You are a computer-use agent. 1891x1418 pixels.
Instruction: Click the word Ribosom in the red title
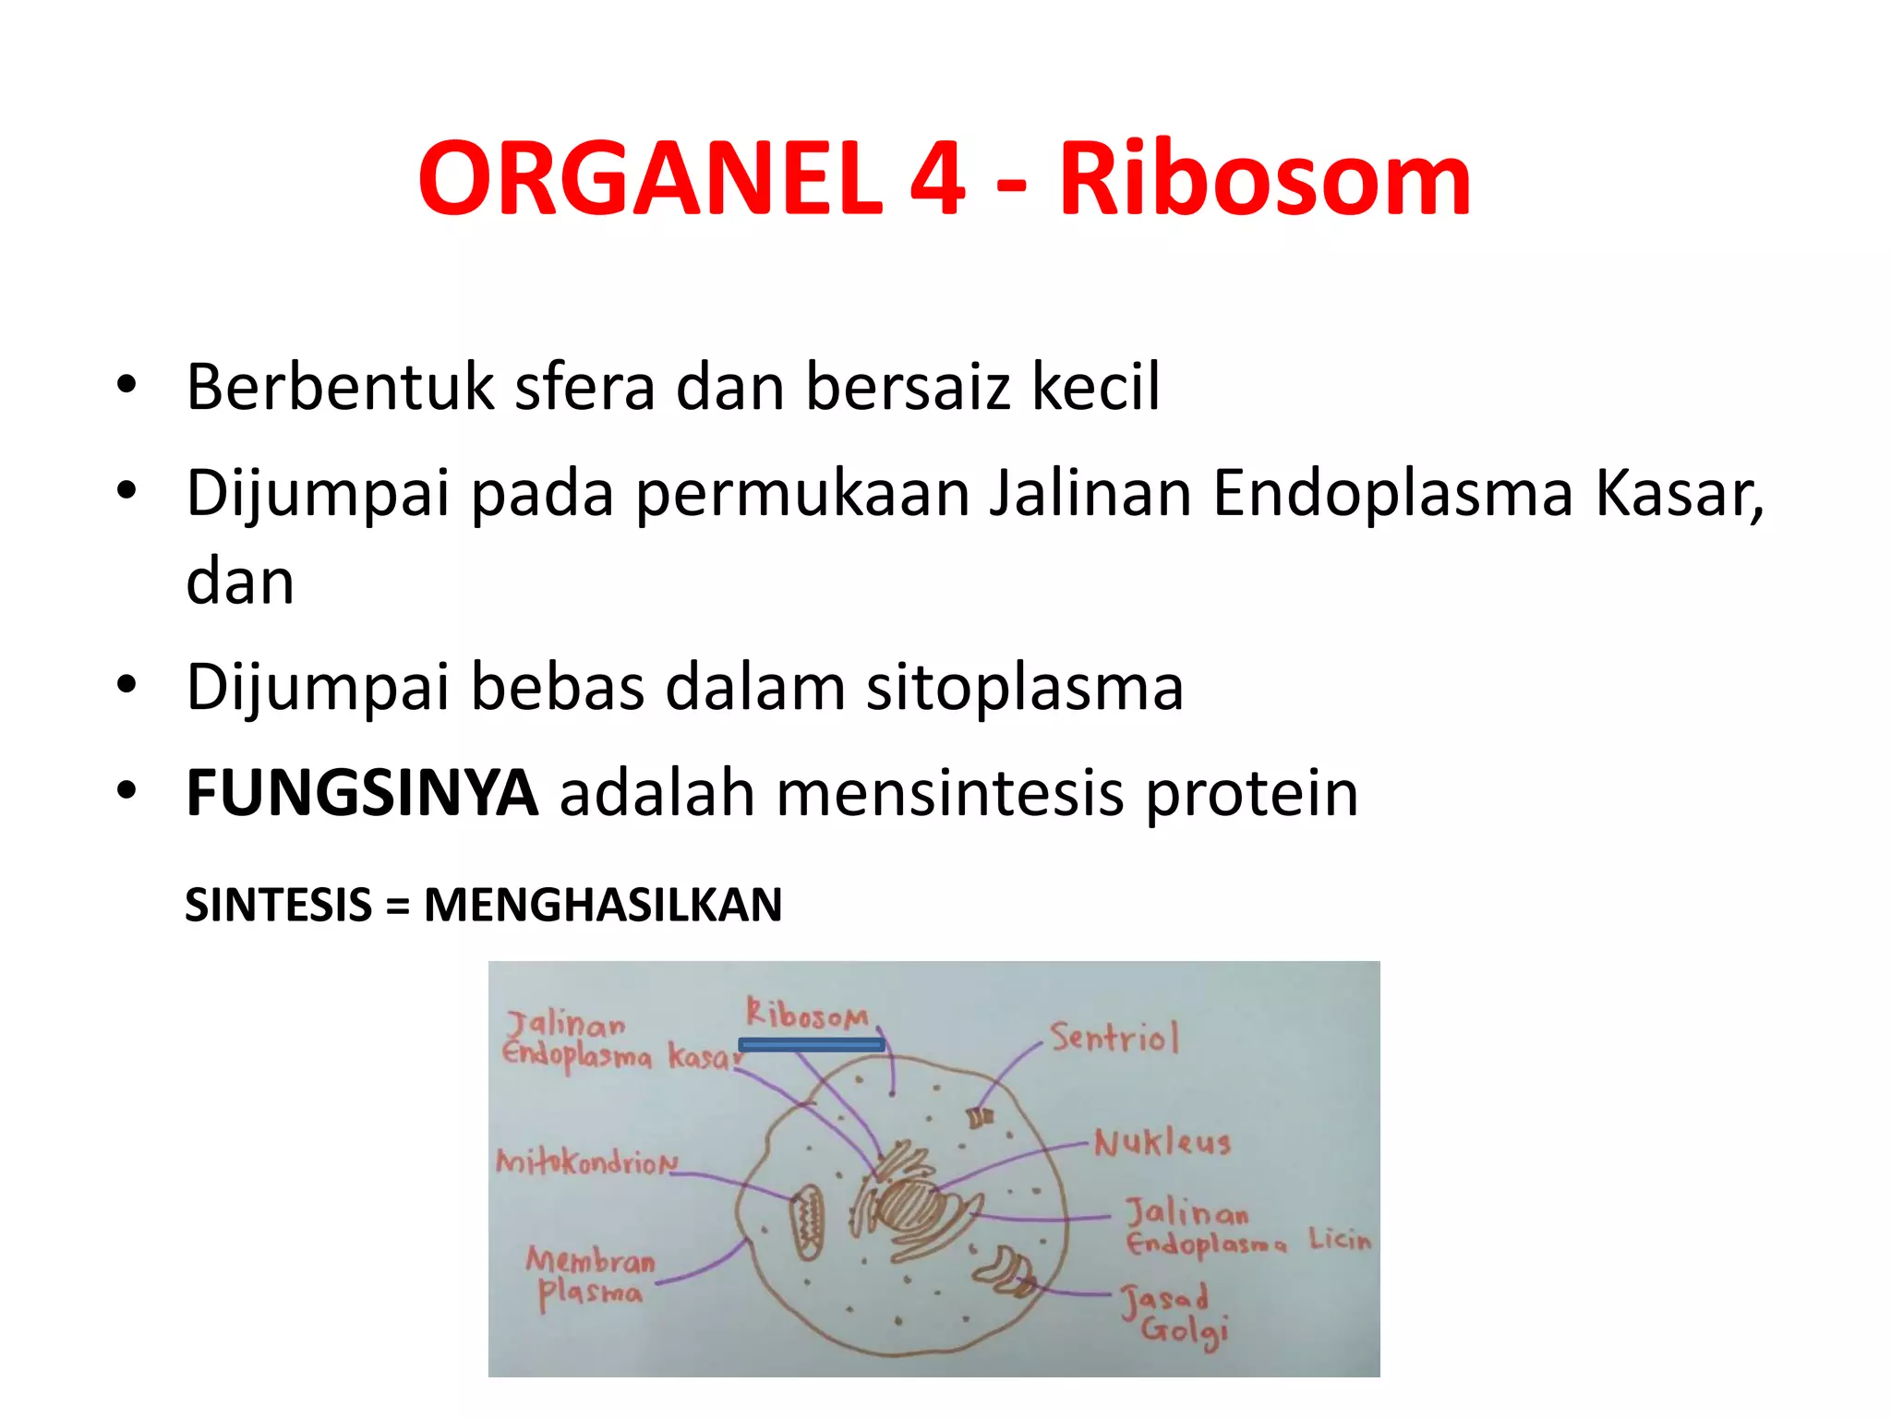(x=1264, y=179)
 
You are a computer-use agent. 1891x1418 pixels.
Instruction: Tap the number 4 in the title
(x=937, y=179)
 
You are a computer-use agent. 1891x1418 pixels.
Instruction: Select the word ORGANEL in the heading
(x=650, y=179)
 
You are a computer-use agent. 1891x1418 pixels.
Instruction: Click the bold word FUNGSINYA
(x=361, y=794)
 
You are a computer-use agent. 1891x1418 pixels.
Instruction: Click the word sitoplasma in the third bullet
(x=1024, y=688)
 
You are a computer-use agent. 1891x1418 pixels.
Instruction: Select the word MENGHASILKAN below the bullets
(x=602, y=905)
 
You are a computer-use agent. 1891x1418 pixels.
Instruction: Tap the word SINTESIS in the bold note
(x=278, y=905)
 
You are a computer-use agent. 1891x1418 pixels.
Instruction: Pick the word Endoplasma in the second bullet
(x=1392, y=494)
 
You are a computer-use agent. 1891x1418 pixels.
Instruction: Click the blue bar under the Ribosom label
(x=812, y=1045)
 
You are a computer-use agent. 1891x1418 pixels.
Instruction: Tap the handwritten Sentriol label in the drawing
(x=1114, y=1039)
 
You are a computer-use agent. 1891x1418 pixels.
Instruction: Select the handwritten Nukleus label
(x=1162, y=1144)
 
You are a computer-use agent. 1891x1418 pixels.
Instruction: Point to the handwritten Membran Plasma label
(x=591, y=1278)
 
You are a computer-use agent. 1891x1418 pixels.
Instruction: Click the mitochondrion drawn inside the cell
(x=809, y=1223)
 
